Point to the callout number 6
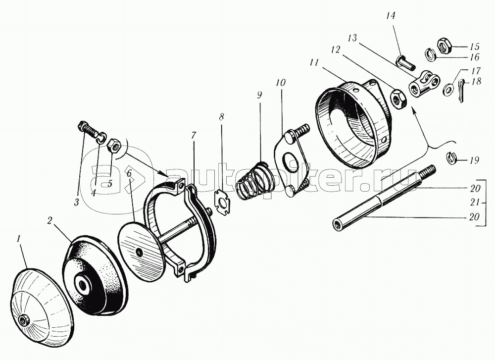(129, 173)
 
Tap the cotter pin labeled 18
(460, 91)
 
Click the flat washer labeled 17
(447, 89)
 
